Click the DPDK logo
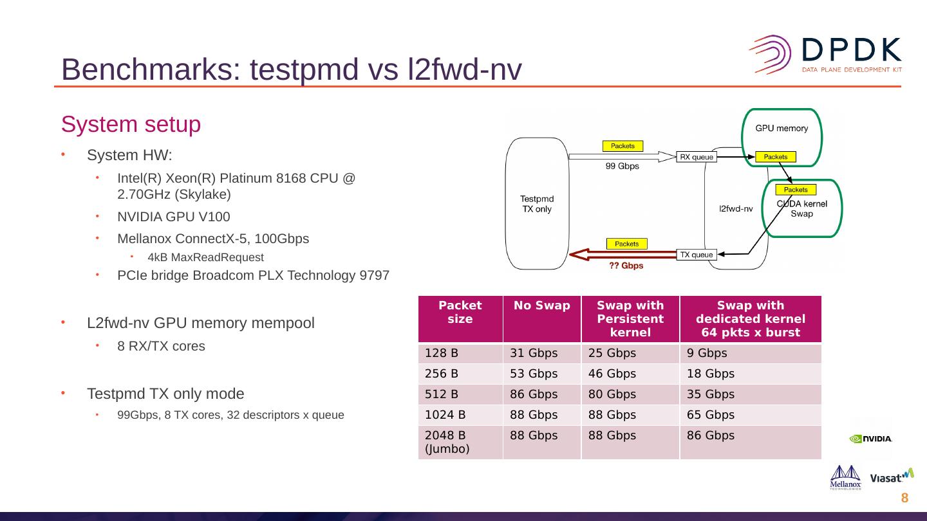click(x=825, y=54)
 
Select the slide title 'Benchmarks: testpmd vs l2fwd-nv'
click(x=291, y=69)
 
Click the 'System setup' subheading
click(x=131, y=124)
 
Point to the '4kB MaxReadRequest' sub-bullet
click(x=205, y=257)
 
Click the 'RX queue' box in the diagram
click(x=695, y=156)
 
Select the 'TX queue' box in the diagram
click(x=696, y=254)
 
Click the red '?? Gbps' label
click(x=626, y=265)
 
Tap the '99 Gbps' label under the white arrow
click(x=623, y=166)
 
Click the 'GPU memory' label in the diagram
click(x=782, y=128)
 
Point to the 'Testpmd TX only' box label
click(x=537, y=203)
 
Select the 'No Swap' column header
click(x=541, y=306)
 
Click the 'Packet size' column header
click(x=460, y=312)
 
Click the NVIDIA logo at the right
click(x=870, y=439)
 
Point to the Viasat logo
click(x=892, y=477)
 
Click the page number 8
click(x=904, y=498)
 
